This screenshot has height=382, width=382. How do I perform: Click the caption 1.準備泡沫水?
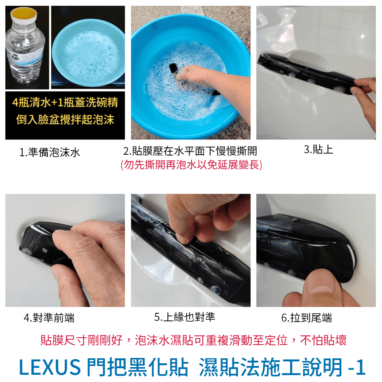pos(50,152)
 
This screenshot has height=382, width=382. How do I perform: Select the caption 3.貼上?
pos(319,149)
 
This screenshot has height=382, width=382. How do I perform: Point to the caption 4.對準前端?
pos(49,318)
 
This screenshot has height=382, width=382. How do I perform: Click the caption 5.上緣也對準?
pos(185,317)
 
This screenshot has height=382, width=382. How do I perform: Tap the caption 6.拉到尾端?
pos(306,318)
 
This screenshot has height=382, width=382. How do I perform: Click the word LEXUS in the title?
pos(50,366)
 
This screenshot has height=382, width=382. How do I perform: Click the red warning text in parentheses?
pos(191,165)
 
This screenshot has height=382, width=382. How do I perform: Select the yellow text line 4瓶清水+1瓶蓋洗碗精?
pos(65,102)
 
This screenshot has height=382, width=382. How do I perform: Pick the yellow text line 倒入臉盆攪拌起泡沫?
pos(65,119)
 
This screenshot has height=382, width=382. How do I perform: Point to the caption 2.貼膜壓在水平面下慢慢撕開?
pos(190,151)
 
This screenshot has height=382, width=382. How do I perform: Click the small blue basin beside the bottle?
pos(88,53)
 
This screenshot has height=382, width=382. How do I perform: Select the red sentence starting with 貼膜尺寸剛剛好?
pos(193,340)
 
